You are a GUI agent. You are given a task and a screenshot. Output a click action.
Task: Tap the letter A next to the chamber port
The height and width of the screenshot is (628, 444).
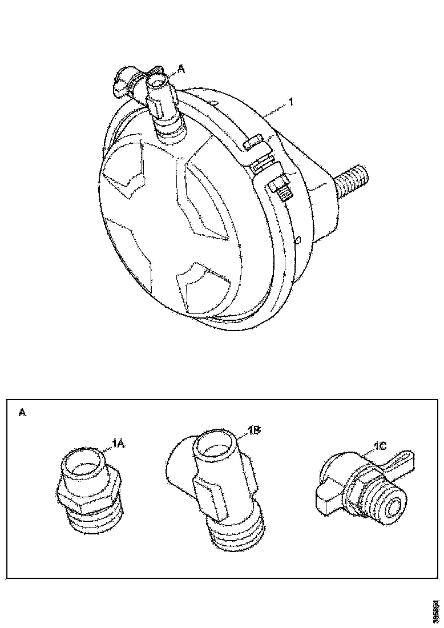(181, 69)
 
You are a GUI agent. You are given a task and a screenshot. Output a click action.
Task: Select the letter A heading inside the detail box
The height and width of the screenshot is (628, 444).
(22, 412)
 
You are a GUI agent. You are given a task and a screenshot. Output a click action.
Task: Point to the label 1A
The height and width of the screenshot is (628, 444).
(118, 443)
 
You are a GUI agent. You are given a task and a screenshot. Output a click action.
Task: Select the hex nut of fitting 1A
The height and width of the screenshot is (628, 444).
(88, 493)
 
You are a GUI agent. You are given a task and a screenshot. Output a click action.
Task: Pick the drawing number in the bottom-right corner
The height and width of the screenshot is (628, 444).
(436, 610)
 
